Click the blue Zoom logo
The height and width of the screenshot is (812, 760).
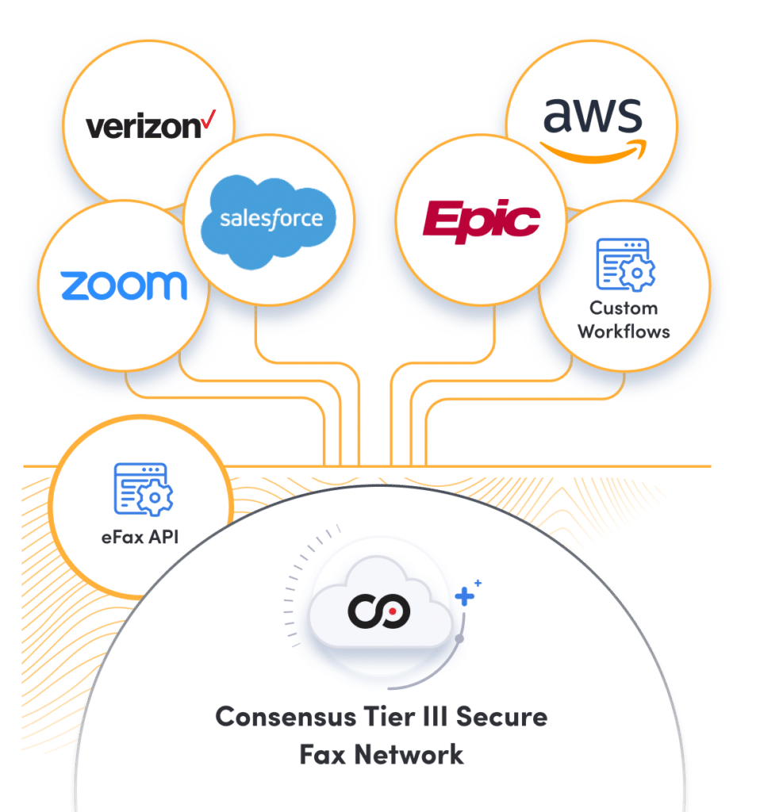click(x=124, y=285)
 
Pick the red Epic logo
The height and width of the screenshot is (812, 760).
click(x=482, y=218)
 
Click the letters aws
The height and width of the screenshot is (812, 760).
click(x=592, y=117)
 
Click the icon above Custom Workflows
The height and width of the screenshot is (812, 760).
click(x=625, y=265)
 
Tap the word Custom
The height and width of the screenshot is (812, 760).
click(x=624, y=308)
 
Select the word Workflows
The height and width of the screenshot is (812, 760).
click(x=624, y=331)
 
